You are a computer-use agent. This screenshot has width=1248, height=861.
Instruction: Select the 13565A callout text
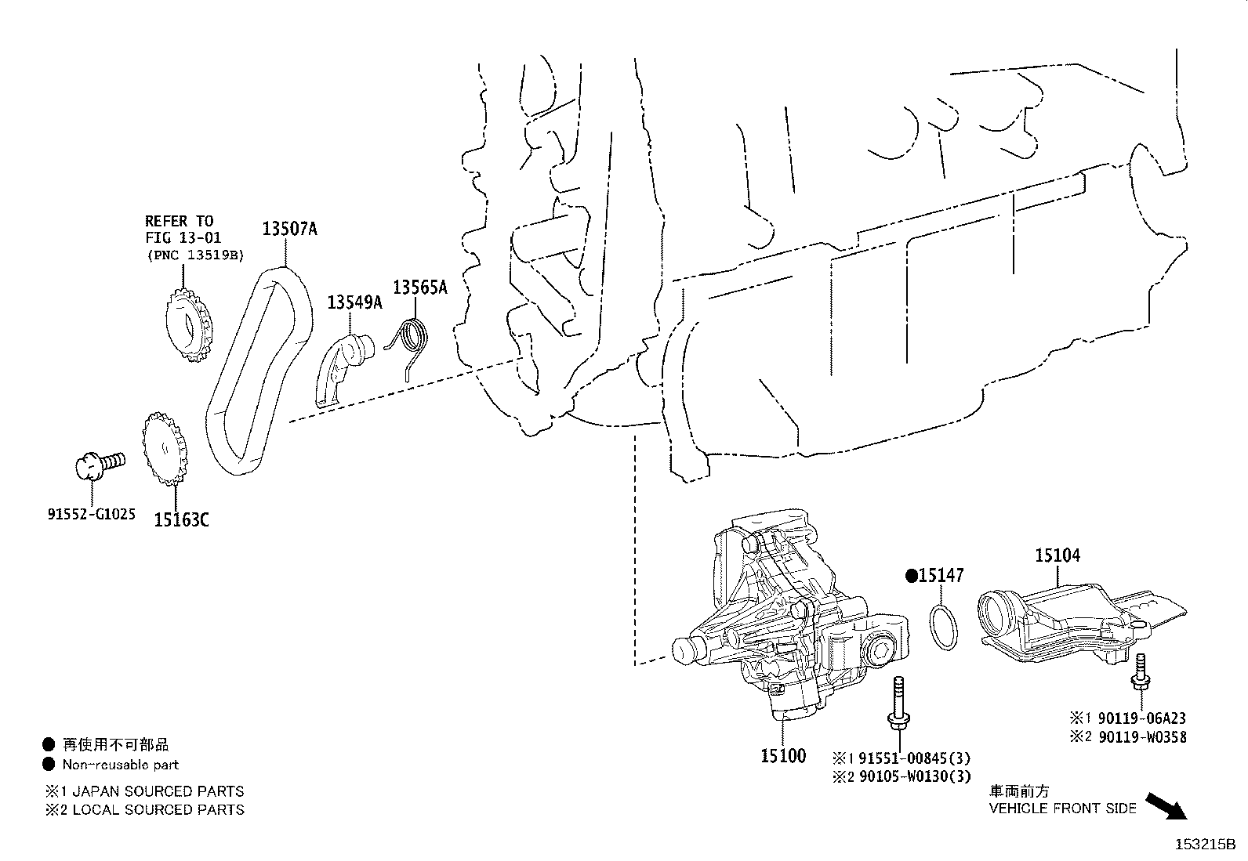point(419,288)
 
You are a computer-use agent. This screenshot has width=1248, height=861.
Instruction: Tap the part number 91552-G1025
point(91,515)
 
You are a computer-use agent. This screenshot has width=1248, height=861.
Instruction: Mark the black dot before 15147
point(912,576)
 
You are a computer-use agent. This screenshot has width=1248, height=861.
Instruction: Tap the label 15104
point(1057,555)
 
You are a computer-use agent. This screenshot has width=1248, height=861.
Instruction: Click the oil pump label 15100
point(782,756)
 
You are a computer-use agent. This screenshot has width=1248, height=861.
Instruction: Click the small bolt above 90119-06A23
point(1141,673)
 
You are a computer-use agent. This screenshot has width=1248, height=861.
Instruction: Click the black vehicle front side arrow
point(1166,806)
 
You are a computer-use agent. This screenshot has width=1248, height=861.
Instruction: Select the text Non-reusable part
point(120,765)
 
